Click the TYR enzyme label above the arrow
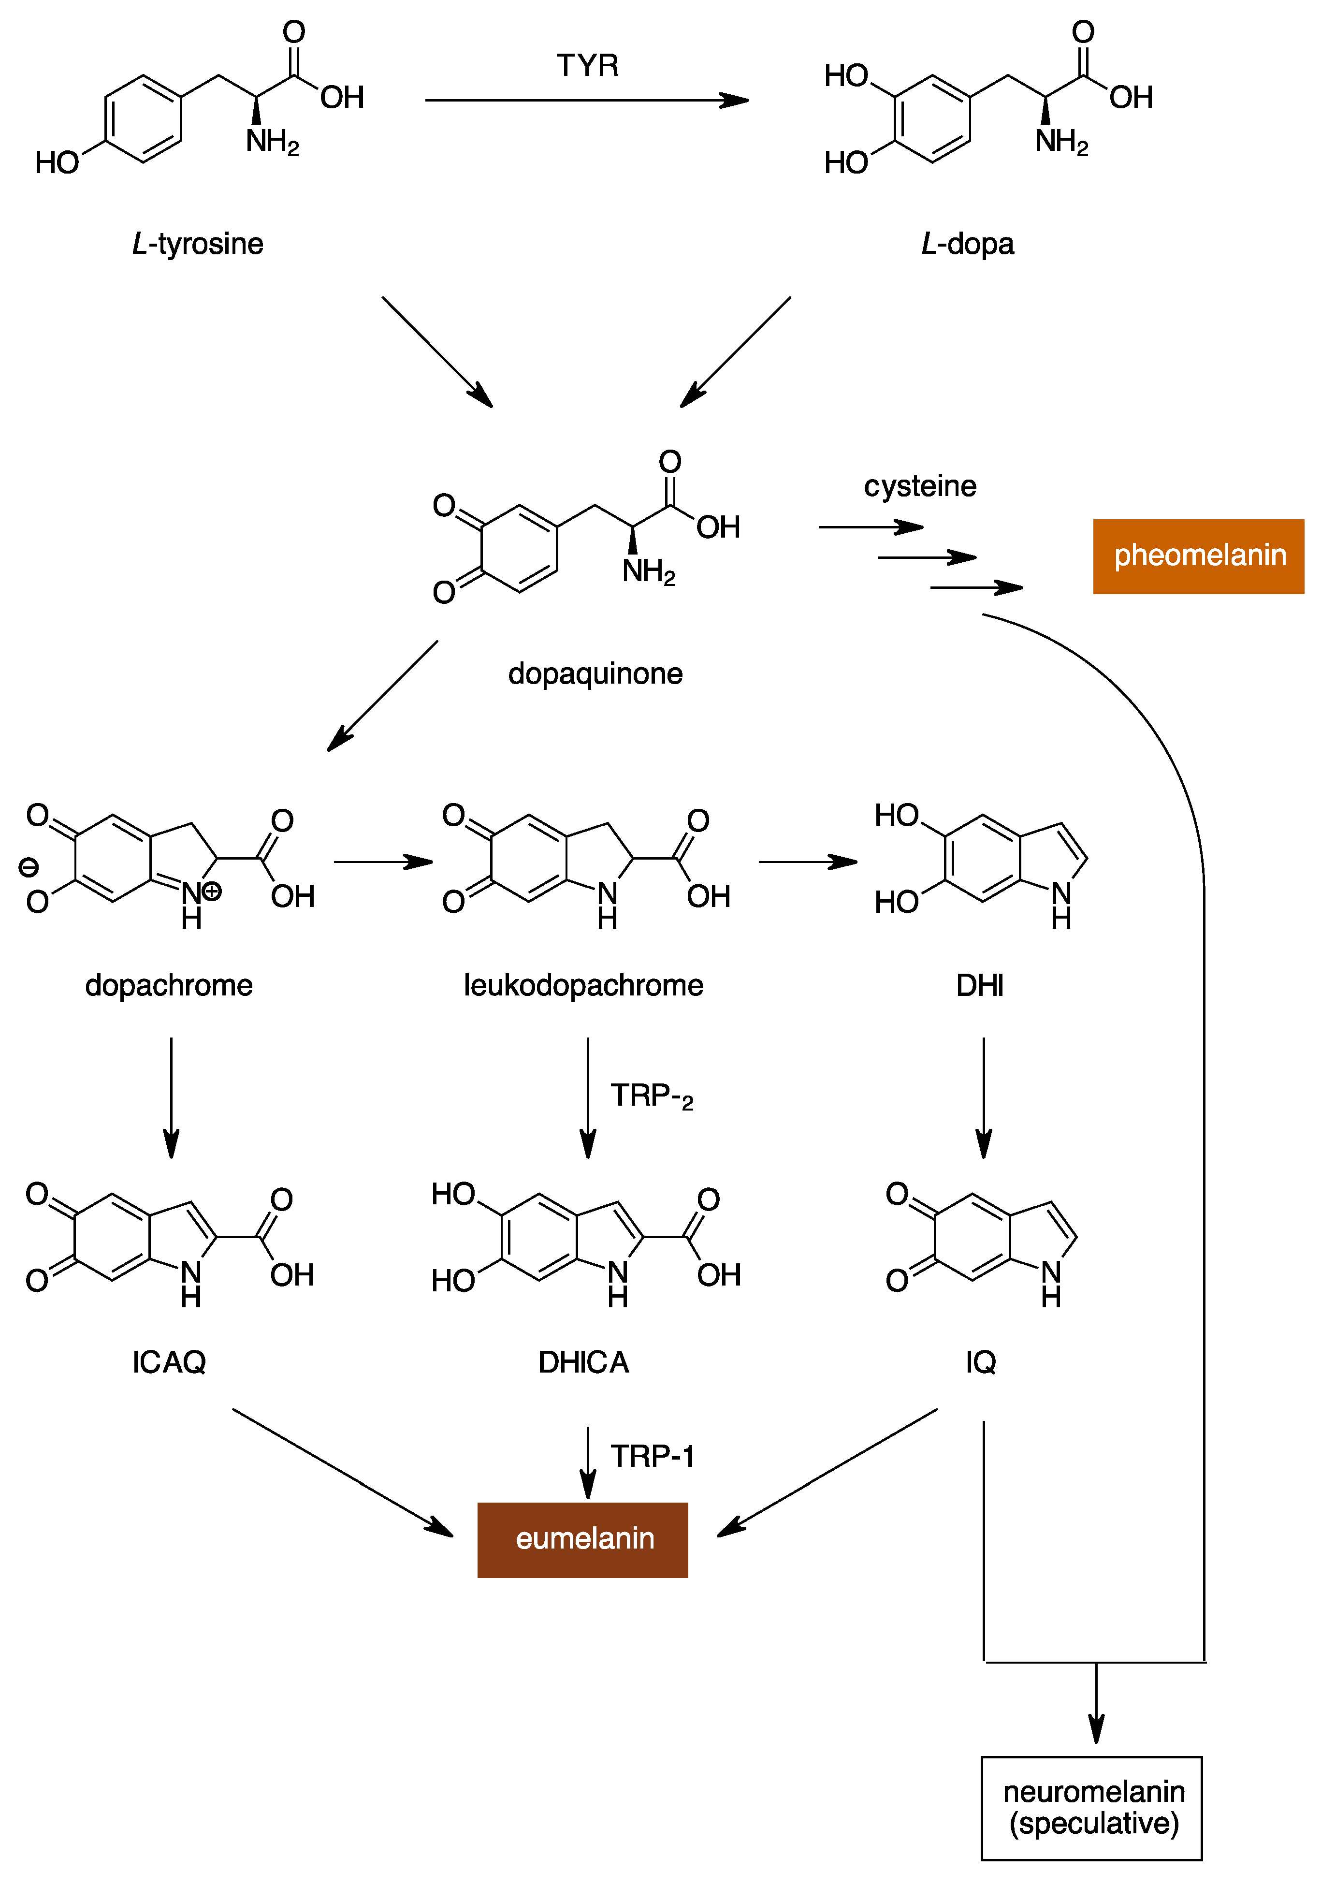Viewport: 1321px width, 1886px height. point(587,65)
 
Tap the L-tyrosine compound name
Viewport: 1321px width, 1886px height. point(197,244)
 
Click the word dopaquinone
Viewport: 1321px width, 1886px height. point(595,673)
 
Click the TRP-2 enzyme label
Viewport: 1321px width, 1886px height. point(651,1096)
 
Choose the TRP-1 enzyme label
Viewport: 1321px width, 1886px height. point(653,1456)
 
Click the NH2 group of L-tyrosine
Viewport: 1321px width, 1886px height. point(272,142)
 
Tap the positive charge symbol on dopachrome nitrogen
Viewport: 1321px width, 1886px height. point(212,891)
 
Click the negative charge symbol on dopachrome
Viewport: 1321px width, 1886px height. point(28,867)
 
